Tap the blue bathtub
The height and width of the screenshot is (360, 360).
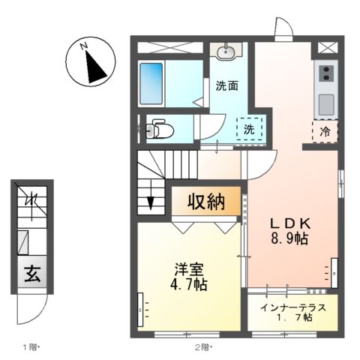(153, 82)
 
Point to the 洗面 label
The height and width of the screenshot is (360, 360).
(227, 85)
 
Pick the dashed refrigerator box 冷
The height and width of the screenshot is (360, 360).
(325, 130)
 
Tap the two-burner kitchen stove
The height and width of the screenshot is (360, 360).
(326, 73)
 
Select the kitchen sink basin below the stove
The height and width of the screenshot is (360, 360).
(326, 103)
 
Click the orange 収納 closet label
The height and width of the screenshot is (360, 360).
(206, 201)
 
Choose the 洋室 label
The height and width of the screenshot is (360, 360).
(188, 268)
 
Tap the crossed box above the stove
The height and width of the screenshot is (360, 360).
(327, 46)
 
